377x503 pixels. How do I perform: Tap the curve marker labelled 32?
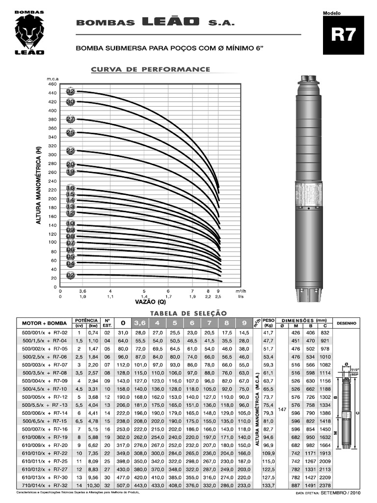pyautogui.click(x=70, y=91)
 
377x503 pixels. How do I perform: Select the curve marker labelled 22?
pyautogui.click(x=70, y=151)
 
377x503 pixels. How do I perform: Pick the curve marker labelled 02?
pyautogui.click(x=70, y=275)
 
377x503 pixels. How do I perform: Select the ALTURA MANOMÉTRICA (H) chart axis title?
pyautogui.click(x=39, y=186)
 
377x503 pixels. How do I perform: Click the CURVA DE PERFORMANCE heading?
pyautogui.click(x=151, y=70)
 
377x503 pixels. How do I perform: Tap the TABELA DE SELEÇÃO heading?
pyautogui.click(x=188, y=312)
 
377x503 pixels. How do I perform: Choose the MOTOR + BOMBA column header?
pyautogui.click(x=44, y=323)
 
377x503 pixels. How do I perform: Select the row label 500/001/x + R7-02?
pyautogui.click(x=44, y=332)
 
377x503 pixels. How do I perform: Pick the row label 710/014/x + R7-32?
pyautogui.click(x=44, y=485)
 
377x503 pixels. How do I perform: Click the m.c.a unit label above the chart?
pyautogui.click(x=53, y=79)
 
